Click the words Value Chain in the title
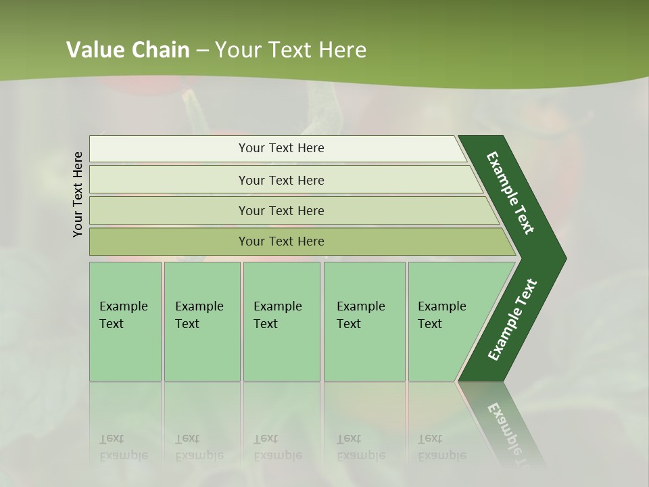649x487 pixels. coord(128,50)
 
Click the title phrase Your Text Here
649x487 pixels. coord(291,50)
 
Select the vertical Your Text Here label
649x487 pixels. coord(78,194)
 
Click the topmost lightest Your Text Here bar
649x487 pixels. coord(281,148)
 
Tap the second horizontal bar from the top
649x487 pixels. coord(281,180)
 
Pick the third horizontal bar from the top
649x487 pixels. coord(281,210)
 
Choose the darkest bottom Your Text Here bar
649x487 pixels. coord(281,241)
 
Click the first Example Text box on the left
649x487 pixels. coord(125,321)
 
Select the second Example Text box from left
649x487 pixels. coord(201,321)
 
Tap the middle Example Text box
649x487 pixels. coord(281,321)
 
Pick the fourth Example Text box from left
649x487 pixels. coord(364,321)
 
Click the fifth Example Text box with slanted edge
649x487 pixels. coord(446,321)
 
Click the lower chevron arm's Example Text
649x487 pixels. coord(512,319)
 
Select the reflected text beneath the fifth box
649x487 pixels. coord(441,448)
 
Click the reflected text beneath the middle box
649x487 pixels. coord(277,448)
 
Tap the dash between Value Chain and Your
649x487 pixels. coord(202,51)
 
